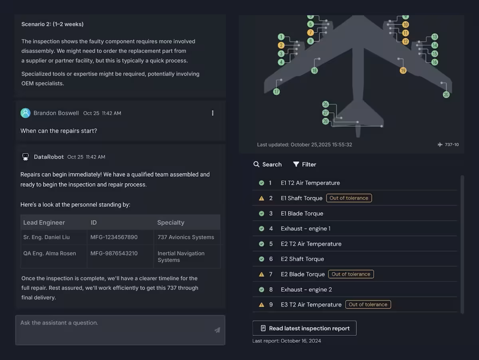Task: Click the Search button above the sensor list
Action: (x=267, y=164)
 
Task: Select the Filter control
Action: (x=305, y=164)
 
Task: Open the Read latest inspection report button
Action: (x=305, y=328)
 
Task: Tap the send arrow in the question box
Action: (x=217, y=330)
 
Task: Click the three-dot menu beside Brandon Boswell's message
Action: (x=212, y=113)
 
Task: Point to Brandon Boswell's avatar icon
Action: (x=26, y=113)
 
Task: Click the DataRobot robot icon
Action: (x=26, y=157)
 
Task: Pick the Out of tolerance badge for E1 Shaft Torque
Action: (x=349, y=198)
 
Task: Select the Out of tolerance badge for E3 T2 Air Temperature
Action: (x=368, y=305)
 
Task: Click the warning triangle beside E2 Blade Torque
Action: (x=261, y=274)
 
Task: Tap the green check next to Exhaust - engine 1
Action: (x=261, y=228)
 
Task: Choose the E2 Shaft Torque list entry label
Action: (x=302, y=259)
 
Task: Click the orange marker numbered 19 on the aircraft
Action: (x=403, y=71)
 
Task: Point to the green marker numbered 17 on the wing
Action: (x=277, y=92)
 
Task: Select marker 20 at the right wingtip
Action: (x=446, y=95)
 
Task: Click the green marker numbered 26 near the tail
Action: (x=325, y=104)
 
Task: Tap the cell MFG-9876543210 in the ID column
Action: (x=114, y=253)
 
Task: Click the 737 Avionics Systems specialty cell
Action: (x=186, y=237)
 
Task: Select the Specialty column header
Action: (x=171, y=223)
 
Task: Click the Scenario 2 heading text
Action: (x=52, y=24)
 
